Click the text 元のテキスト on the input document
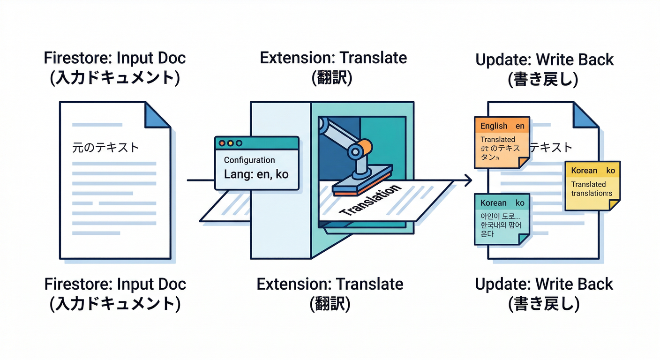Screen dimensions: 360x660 pyautogui.click(x=105, y=147)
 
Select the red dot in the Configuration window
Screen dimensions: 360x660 pyautogui.click(x=222, y=143)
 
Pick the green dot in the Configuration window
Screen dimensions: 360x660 pyautogui.click(x=239, y=143)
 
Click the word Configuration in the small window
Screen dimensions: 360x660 pyautogui.click(x=249, y=160)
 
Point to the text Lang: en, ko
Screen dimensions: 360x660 pyautogui.click(x=256, y=174)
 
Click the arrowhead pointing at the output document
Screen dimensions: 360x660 pyautogui.click(x=468, y=180)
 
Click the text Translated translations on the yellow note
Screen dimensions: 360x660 pyautogui.click(x=591, y=189)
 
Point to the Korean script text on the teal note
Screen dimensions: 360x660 pyautogui.click(x=501, y=225)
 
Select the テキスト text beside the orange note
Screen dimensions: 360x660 pyautogui.click(x=551, y=148)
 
